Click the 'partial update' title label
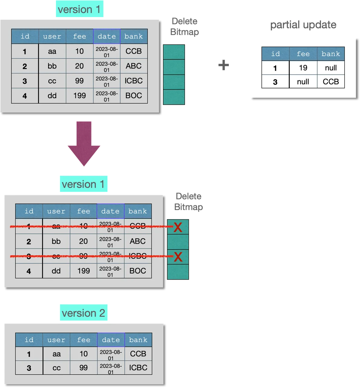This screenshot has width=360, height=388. (303, 25)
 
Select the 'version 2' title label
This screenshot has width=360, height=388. (83, 313)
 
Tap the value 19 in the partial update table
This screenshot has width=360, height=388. (303, 68)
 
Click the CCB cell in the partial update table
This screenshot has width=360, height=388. (331, 82)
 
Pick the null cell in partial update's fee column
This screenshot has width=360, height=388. (303, 82)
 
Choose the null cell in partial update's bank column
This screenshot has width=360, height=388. (331, 68)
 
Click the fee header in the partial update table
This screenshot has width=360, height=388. (303, 54)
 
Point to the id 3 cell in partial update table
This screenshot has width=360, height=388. (275, 82)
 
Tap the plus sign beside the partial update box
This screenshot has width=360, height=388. (223, 65)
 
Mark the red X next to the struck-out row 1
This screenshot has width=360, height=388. (178, 227)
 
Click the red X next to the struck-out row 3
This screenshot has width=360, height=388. (178, 257)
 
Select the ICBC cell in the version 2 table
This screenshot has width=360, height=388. (138, 368)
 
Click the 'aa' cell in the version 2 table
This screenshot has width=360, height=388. (57, 354)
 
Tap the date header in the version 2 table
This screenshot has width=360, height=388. (111, 340)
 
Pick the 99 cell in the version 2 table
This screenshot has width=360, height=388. (84, 368)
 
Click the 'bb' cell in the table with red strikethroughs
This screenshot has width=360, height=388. (56, 241)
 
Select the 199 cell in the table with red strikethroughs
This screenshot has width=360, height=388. (84, 271)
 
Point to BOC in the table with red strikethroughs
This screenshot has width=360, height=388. (138, 271)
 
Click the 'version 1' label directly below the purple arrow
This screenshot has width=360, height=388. (83, 184)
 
